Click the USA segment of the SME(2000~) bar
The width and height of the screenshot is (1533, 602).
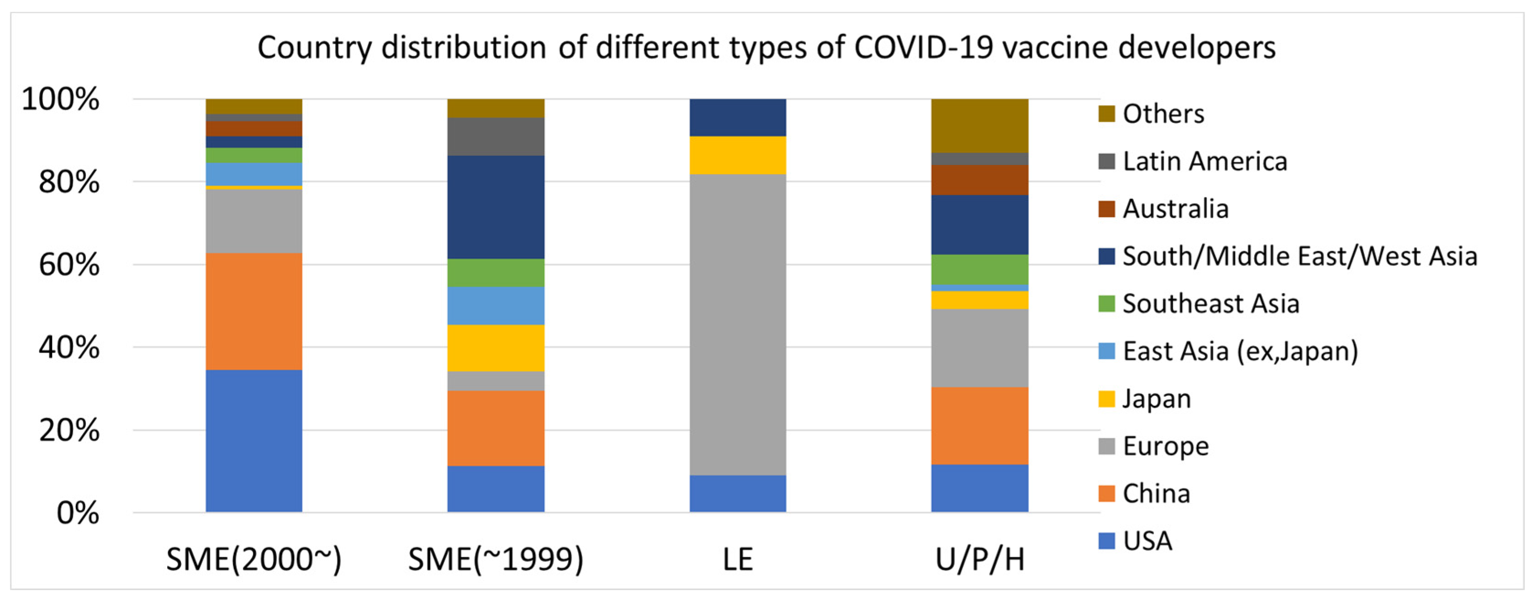[x=253, y=440]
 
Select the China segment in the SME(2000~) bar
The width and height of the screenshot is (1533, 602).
[x=253, y=311]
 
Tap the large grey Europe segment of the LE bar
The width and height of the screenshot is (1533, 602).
[x=738, y=324]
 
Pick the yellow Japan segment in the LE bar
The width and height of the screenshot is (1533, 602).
[x=738, y=155]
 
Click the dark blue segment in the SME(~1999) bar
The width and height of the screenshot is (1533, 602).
[x=496, y=207]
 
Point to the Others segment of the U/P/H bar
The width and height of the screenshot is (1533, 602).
[x=979, y=126]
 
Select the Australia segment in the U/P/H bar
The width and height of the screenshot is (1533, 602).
[x=979, y=180]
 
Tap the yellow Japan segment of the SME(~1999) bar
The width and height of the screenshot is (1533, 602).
[x=496, y=348]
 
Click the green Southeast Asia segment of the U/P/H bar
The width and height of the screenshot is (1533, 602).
[x=979, y=269]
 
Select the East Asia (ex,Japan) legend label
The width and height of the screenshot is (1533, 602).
[x=1240, y=352]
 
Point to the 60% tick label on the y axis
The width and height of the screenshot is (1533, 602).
[x=69, y=264]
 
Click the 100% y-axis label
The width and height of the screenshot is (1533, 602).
[x=60, y=99]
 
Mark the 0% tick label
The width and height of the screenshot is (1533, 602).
[x=77, y=513]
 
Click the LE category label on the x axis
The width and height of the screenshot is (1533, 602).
[x=738, y=559]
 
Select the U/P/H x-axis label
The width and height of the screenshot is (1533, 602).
[x=979, y=559]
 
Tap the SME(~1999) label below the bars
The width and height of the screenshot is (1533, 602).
[x=496, y=559]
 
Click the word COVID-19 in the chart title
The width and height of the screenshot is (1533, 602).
[x=923, y=47]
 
